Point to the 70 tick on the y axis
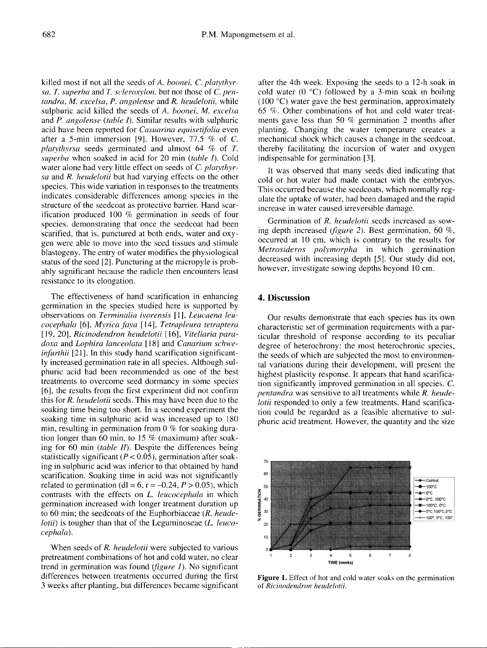265,461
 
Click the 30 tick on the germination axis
265,512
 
